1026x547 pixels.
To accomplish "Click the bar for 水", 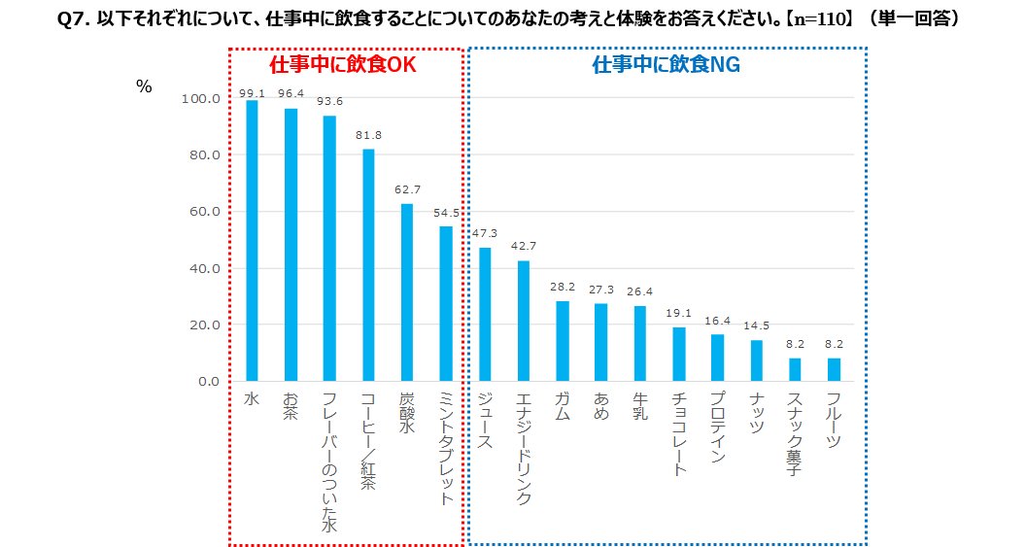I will [x=252, y=240].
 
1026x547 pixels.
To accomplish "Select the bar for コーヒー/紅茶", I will [x=368, y=264].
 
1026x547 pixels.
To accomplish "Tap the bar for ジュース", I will [x=485, y=314].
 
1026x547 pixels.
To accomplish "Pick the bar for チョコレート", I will [x=679, y=354].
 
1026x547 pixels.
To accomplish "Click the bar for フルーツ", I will [x=834, y=369].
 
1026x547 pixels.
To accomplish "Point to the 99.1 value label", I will [x=252, y=92].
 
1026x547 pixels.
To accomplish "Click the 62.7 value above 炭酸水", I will [x=407, y=189].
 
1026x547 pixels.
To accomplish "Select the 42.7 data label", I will [x=524, y=247].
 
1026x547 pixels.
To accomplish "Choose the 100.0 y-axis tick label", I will [x=198, y=99].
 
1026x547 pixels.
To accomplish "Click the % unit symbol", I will [x=144, y=87].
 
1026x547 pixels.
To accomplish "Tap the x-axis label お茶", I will [x=291, y=405].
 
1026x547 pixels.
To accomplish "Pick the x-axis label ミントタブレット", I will [x=446, y=448].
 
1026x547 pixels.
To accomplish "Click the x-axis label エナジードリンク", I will [x=524, y=448].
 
